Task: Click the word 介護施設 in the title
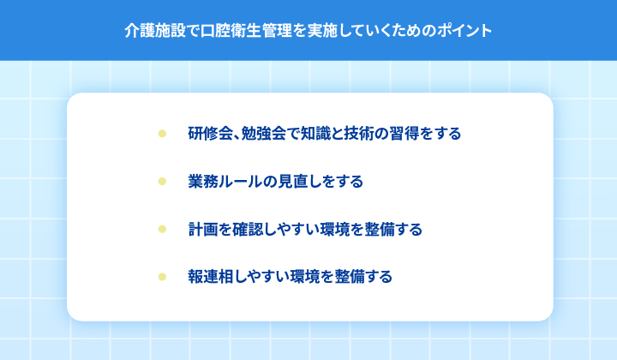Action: coord(155,31)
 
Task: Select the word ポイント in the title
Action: coord(464,31)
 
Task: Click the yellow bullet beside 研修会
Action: coord(162,134)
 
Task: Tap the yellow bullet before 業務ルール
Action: coord(162,182)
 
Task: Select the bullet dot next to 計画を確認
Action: coord(162,229)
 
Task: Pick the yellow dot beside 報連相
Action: coord(162,277)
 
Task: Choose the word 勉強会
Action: coord(264,134)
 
